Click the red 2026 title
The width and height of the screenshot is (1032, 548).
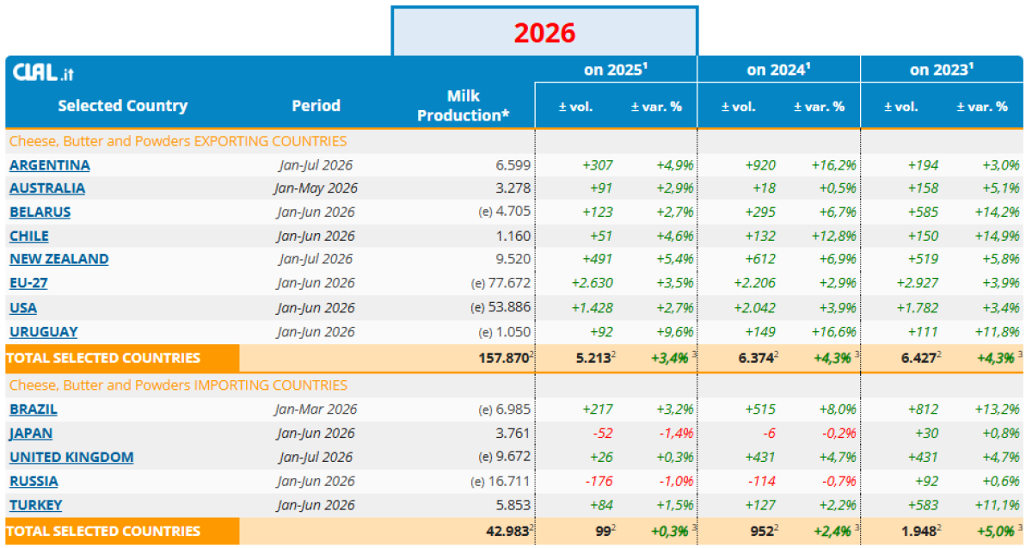pyautogui.click(x=544, y=34)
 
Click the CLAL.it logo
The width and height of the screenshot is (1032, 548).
pyautogui.click(x=43, y=72)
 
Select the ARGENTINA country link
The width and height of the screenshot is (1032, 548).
pyautogui.click(x=50, y=165)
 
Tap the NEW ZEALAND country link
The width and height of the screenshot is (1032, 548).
pyautogui.click(x=59, y=259)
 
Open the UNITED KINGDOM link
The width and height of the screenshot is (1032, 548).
pyautogui.click(x=71, y=457)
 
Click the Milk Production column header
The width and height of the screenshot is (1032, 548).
pyautogui.click(x=463, y=106)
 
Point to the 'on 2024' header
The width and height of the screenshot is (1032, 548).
pyautogui.click(x=778, y=70)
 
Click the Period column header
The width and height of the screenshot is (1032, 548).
pyautogui.click(x=316, y=106)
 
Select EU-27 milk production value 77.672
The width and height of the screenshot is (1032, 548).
pyautogui.click(x=509, y=283)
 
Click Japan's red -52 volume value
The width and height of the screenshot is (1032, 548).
pyautogui.click(x=603, y=434)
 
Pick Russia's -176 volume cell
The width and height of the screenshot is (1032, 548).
pyautogui.click(x=599, y=481)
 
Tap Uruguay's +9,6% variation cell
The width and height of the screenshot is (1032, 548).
pyautogui.click(x=675, y=332)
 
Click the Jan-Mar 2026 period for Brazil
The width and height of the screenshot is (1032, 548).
pyautogui.click(x=316, y=409)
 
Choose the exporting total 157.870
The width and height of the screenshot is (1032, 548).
pyautogui.click(x=504, y=358)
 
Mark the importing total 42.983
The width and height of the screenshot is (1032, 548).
pyautogui.click(x=507, y=532)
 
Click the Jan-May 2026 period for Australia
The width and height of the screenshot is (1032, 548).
pyautogui.click(x=316, y=188)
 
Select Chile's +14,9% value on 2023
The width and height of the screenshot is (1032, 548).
pyautogui.click(x=997, y=236)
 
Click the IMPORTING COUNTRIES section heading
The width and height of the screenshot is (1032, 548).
pyautogui.click(x=178, y=385)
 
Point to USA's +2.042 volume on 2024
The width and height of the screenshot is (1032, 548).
pyautogui.click(x=755, y=308)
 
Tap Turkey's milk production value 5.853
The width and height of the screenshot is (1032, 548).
pyautogui.click(x=513, y=505)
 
